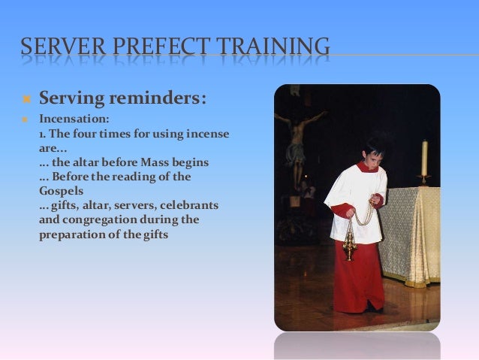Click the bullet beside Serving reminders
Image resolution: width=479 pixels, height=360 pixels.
tap(25, 100)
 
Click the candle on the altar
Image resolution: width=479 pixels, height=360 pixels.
tap(424, 158)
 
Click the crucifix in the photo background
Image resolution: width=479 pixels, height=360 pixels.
tap(300, 139)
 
